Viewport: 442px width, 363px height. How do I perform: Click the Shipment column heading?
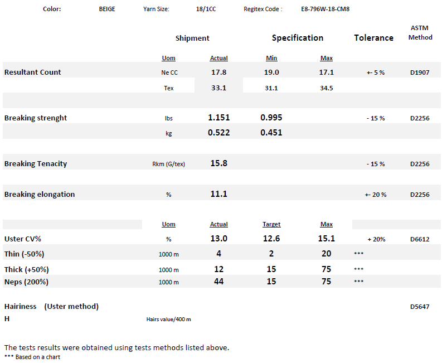192,38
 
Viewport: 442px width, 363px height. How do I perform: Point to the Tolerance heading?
373,38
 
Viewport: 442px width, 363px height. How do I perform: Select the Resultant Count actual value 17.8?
218,72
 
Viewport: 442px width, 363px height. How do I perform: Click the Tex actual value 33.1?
218,88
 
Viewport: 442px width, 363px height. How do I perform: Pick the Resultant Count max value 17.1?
327,72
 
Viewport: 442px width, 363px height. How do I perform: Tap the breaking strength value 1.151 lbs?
218,118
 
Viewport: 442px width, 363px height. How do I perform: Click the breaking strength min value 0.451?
271,133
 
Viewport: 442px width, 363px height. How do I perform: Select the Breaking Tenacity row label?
36,163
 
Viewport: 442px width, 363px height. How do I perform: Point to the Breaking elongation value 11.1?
218,194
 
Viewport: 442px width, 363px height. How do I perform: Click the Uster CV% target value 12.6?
271,239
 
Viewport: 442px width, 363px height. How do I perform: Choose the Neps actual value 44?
218,282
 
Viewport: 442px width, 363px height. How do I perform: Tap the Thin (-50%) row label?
25,254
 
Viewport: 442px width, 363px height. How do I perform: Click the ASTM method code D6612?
420,239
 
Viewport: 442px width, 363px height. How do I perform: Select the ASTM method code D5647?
420,307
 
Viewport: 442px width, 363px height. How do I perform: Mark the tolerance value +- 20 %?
376,195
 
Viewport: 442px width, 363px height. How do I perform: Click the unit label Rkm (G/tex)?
168,164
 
